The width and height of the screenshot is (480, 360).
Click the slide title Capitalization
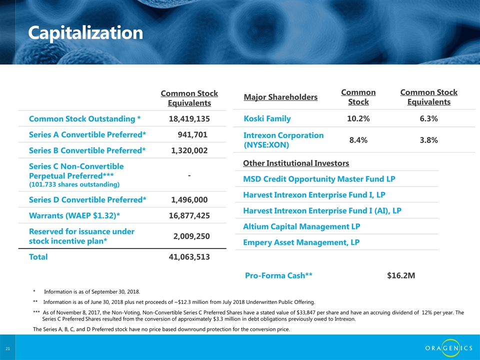pos(85,33)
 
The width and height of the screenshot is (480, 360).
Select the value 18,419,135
pos(189,119)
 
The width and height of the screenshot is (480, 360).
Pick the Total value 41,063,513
pos(189,257)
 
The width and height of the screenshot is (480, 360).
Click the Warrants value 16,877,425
pos(189,215)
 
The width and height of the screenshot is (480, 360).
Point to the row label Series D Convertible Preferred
pos(87,200)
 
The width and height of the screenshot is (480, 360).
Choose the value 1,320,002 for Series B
pos(189,150)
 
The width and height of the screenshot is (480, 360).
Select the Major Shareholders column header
pos(280,96)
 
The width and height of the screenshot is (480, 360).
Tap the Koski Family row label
pos(267,118)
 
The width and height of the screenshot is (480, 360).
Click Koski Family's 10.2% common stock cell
pos(358,118)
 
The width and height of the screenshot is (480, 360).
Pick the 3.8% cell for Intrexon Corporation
pos(429,140)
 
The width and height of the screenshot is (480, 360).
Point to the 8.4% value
pos(358,140)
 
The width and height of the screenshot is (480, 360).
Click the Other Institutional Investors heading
pos(296,163)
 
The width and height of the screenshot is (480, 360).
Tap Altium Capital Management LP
pos(301,226)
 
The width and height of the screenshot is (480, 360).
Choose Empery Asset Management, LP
pos(301,242)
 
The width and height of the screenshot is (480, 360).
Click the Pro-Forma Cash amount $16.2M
pos(401,275)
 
